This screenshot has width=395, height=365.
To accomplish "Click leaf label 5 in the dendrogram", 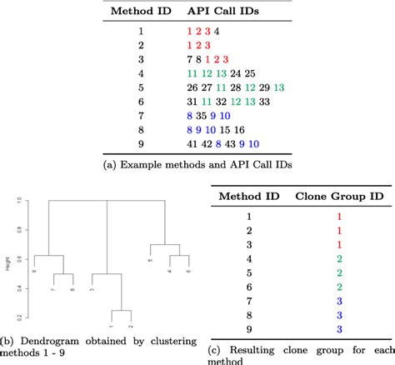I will coord(151,261).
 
